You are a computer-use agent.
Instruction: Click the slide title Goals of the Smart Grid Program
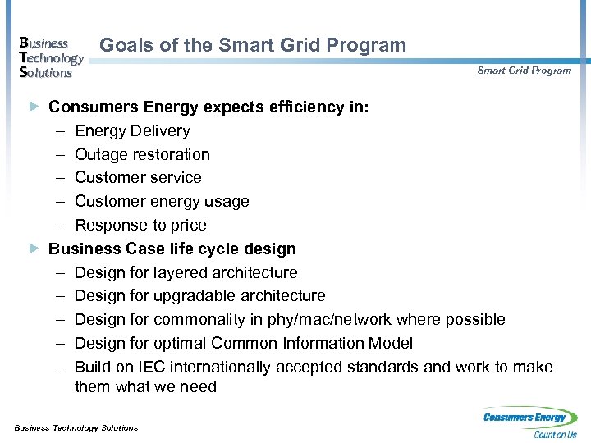click(x=253, y=46)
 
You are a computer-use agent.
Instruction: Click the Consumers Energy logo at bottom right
click(x=530, y=422)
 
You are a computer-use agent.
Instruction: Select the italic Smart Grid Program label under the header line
click(x=524, y=71)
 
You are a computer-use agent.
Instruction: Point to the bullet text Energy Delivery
click(x=132, y=130)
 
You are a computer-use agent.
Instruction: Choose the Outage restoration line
click(x=142, y=154)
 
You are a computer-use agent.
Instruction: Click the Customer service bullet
click(x=138, y=177)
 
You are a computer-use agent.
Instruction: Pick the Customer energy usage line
click(x=162, y=201)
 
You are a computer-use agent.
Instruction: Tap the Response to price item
click(x=140, y=225)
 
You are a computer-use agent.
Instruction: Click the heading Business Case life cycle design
click(x=172, y=249)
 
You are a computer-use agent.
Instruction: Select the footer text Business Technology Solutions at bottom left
click(x=76, y=427)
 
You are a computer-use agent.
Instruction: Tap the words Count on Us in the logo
click(x=556, y=435)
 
